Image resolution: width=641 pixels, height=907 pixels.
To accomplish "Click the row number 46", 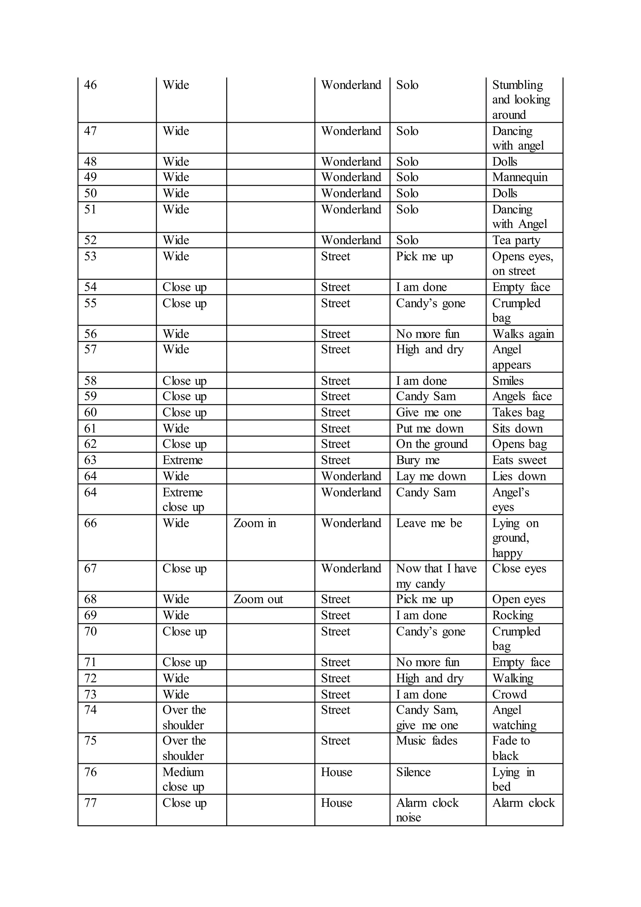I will point(90,85).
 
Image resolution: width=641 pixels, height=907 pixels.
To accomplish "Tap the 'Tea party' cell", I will point(516,240).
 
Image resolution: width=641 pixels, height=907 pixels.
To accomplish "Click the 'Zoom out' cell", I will point(258,599).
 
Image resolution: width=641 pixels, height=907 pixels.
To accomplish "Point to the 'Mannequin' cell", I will point(520,177).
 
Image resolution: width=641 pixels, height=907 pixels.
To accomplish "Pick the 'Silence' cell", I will point(413,772).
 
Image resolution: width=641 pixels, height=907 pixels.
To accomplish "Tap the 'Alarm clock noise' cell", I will point(427,810).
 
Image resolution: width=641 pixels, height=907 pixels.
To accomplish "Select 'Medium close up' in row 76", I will point(183,779).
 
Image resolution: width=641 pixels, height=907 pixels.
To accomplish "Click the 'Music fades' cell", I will point(427,740).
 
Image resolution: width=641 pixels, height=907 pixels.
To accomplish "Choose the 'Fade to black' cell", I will point(511,748).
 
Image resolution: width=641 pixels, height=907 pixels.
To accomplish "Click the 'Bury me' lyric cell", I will point(418,460).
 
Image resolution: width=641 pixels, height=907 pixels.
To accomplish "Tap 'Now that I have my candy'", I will point(436,576).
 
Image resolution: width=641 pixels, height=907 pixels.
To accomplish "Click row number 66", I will point(90,523).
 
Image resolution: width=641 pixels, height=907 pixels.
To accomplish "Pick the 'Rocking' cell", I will point(512,615).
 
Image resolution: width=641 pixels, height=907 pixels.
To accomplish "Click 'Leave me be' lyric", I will point(429,523).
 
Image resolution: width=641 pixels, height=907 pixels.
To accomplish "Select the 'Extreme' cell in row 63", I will point(182,460).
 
